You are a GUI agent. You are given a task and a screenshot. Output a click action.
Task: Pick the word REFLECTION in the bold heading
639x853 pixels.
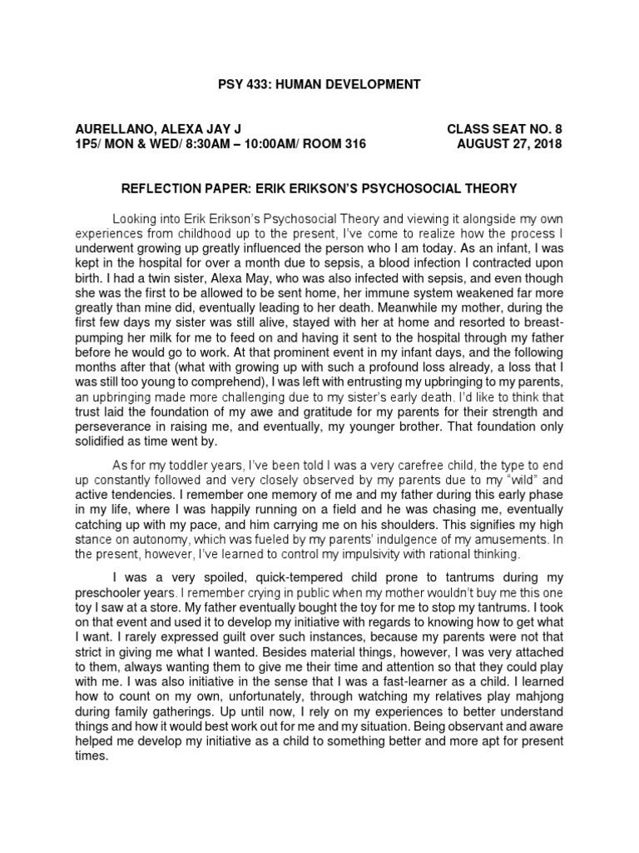(164, 187)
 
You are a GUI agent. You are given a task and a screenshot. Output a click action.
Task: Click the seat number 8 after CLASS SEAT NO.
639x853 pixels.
(558, 128)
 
